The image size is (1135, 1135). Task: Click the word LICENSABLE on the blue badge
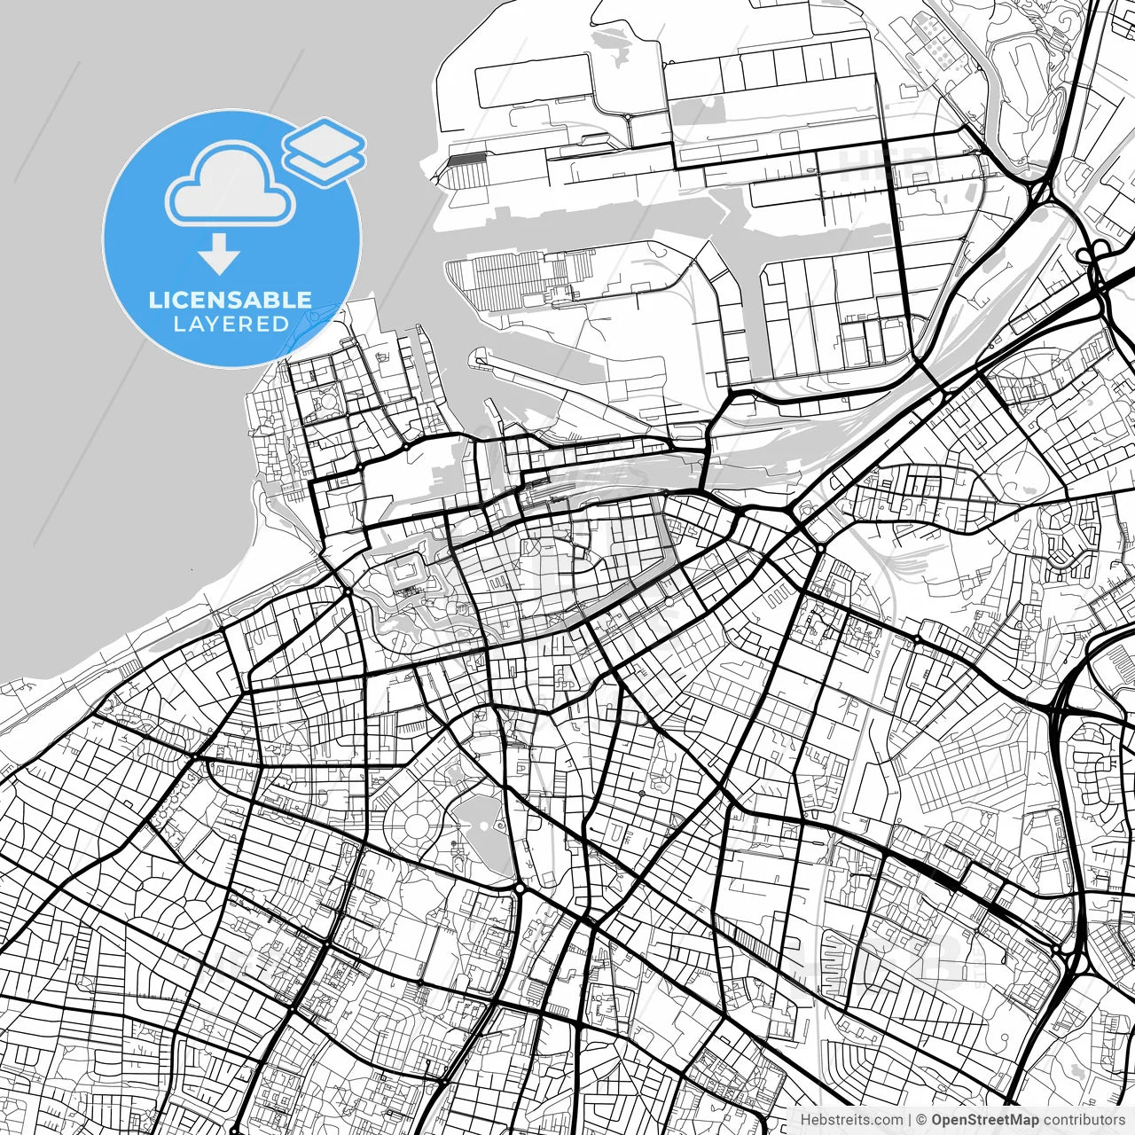(231, 300)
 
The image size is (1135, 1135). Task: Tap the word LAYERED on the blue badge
(231, 325)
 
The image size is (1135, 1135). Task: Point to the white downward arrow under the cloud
(219, 254)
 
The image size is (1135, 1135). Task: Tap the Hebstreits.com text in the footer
(851, 1120)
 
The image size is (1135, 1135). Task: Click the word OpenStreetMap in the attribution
(985, 1120)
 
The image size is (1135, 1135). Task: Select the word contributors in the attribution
(1083, 1120)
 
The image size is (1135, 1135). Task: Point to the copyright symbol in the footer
(922, 1120)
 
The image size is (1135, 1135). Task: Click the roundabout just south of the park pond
(519, 887)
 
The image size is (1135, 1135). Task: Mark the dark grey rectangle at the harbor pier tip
(467, 159)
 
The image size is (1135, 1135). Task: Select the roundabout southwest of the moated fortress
(348, 591)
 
